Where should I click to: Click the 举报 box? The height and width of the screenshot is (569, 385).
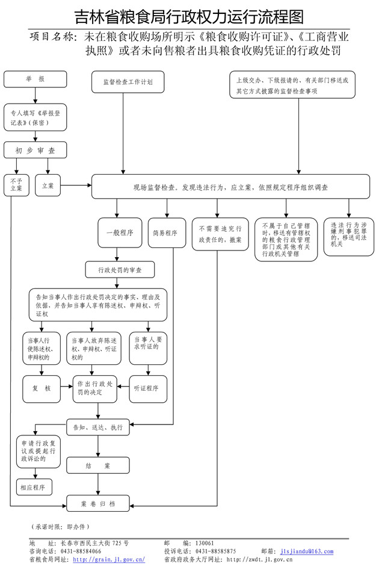[35, 79]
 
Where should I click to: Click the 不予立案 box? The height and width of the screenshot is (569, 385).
[16, 185]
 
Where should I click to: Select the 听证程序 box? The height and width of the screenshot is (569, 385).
[146, 388]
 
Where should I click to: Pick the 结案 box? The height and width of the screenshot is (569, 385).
[97, 466]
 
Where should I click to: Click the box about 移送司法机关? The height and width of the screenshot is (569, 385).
[348, 235]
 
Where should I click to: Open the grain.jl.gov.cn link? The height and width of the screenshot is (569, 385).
[109, 559]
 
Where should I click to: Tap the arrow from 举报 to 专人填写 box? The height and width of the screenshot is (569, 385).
[35, 96]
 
